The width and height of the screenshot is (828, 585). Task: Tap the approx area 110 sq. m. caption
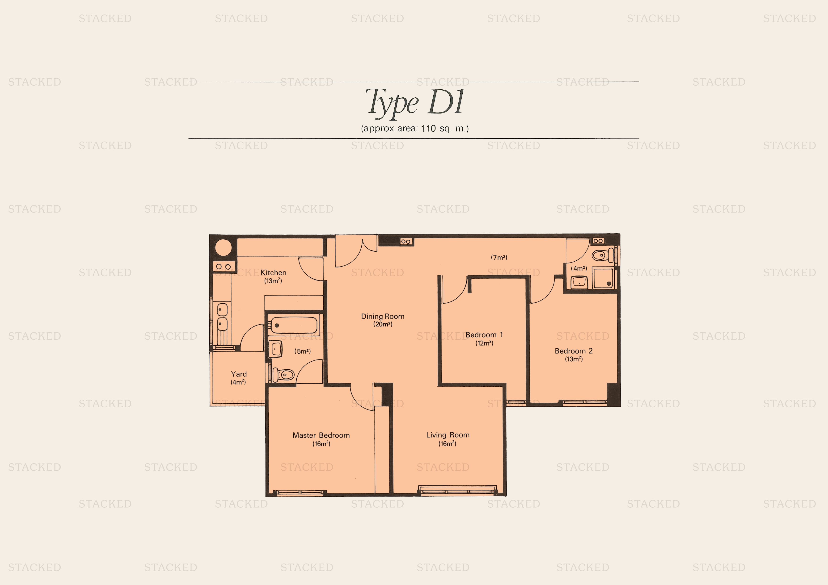point(415,128)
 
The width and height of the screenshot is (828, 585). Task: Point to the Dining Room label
point(383,317)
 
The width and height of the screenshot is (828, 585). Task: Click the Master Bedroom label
point(321,435)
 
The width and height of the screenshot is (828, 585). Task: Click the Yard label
point(239,374)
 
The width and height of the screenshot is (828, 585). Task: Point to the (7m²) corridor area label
point(499,257)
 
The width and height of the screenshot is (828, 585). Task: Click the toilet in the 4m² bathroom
point(603,255)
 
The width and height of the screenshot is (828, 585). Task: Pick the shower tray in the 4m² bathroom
point(603,278)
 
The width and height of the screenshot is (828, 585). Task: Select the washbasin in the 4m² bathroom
point(579,282)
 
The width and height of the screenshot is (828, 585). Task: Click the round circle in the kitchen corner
point(224,248)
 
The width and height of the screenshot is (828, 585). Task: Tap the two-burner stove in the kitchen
point(224,267)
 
